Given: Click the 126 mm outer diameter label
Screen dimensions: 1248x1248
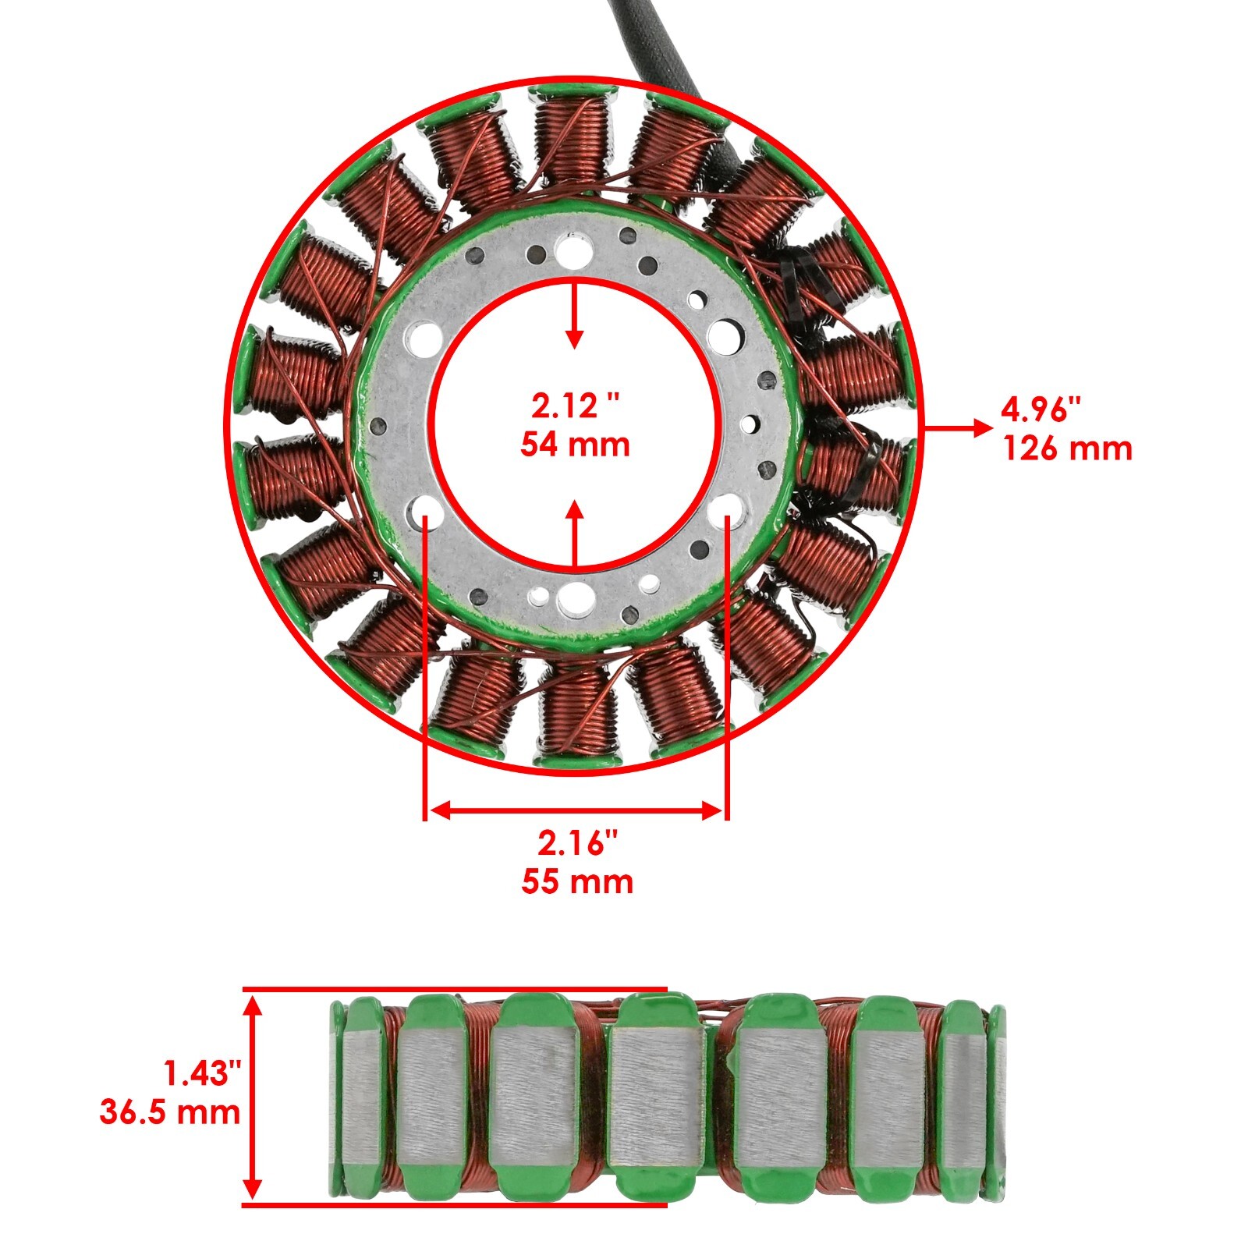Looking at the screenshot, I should point(1067,448).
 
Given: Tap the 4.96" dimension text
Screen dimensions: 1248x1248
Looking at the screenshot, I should point(1043,409).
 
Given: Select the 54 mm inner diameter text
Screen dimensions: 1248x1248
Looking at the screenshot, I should point(576,444).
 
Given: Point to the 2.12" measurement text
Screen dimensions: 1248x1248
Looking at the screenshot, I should point(576,406).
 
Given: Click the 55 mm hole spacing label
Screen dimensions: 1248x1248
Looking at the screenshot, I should point(577,881).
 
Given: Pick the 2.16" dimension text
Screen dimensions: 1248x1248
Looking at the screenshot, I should point(577,843).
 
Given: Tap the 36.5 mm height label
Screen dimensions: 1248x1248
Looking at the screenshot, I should point(170,1111).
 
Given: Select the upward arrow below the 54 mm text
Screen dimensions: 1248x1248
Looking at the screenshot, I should point(575,534).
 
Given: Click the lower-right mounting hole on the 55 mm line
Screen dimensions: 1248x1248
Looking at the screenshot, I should point(727,508).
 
